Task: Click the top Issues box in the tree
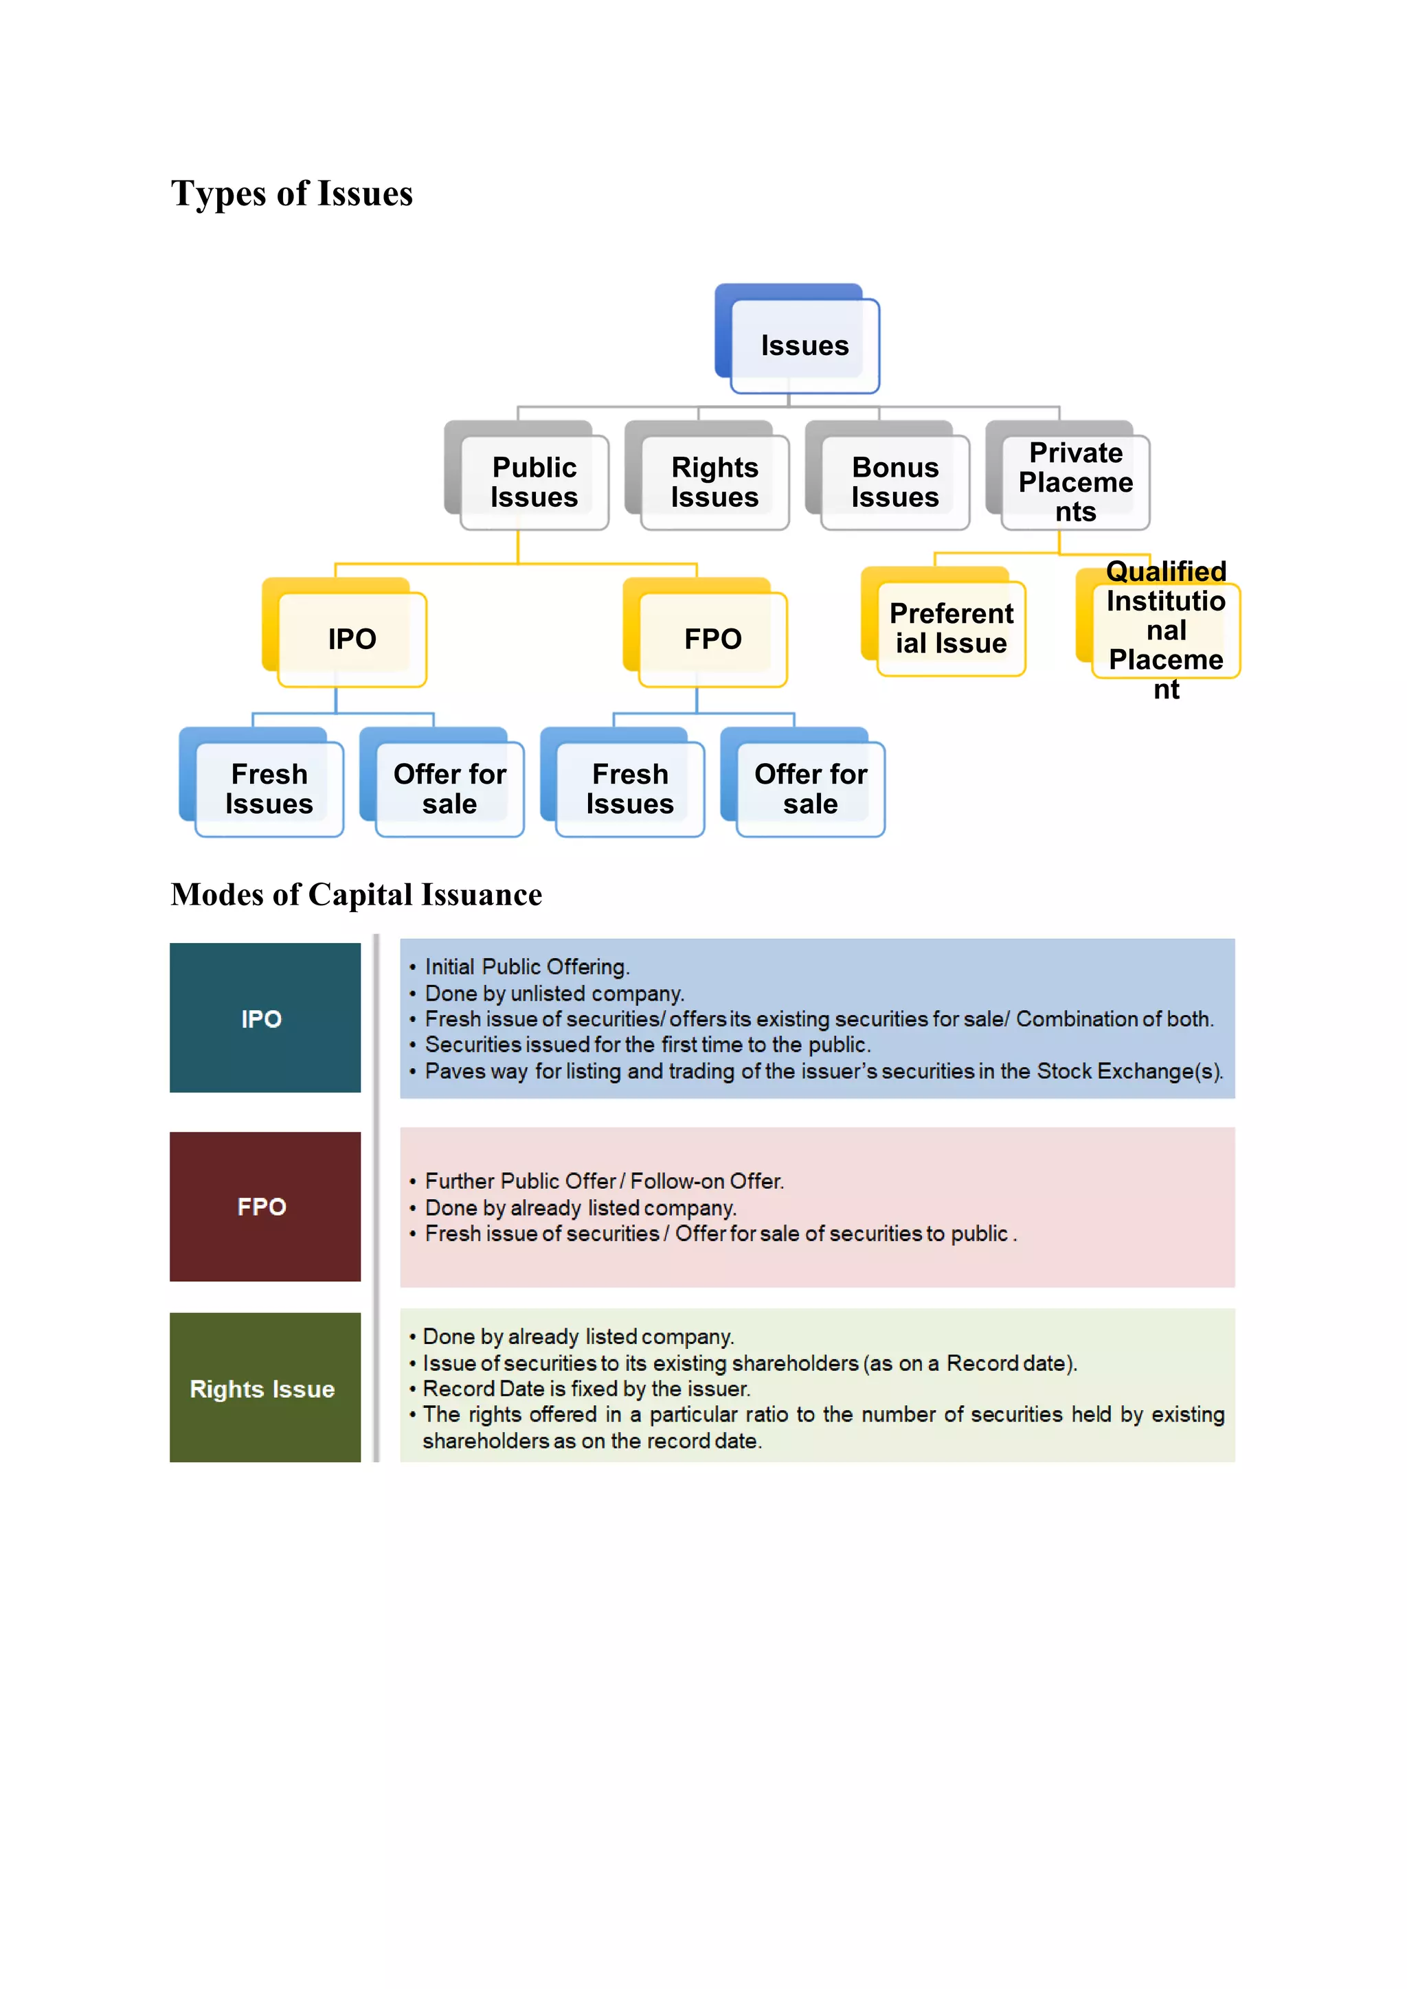coord(804,345)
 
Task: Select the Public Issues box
coord(534,481)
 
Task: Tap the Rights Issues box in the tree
coord(714,481)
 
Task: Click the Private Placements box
coord(1075,481)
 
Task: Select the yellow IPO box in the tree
coord(352,639)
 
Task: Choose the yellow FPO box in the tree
coord(712,639)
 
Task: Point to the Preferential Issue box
coord(950,628)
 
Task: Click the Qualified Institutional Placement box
coord(1165,630)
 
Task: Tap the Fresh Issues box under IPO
coord(269,788)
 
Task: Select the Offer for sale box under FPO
coord(810,788)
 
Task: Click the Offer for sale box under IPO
coord(449,788)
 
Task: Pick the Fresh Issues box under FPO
coord(630,788)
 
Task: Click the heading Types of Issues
coord(292,193)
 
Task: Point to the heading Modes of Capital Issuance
coord(356,894)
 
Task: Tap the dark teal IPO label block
coord(265,1018)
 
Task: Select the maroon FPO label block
coord(265,1206)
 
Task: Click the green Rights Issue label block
coord(265,1388)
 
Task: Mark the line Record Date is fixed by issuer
coord(585,1389)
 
